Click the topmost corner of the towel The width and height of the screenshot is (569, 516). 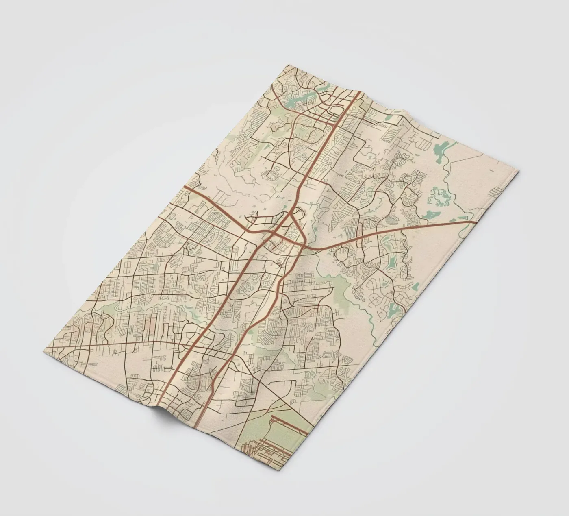[287, 65]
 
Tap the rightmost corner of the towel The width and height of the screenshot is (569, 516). [518, 173]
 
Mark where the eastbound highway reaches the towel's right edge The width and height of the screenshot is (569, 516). [476, 222]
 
